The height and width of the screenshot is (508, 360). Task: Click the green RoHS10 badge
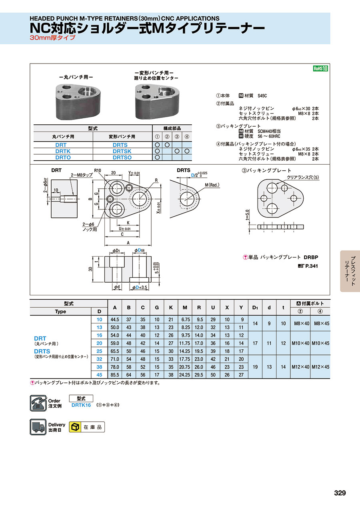click(320, 68)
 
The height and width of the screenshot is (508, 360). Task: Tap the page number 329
click(340, 492)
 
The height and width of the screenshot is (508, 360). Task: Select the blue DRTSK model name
click(122, 151)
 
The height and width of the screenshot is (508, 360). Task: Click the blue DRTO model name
click(63, 157)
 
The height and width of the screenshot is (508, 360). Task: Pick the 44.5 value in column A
click(115, 319)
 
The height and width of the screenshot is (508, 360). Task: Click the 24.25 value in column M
click(184, 375)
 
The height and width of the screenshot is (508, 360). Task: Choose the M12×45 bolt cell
click(320, 367)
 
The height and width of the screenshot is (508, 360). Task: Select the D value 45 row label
click(99, 375)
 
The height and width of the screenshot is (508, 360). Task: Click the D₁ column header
click(255, 308)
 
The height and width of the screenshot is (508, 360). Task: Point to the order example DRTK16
click(81, 405)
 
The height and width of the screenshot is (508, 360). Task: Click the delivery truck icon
click(38, 427)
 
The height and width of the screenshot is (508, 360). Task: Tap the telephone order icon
click(38, 403)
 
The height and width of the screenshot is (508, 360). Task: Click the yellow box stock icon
click(75, 427)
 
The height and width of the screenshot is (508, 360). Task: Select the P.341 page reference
click(312, 266)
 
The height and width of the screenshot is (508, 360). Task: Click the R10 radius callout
click(98, 171)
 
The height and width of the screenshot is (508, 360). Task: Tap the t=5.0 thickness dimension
click(247, 215)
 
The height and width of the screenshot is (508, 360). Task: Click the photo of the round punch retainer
click(78, 102)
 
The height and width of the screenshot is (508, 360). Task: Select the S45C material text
click(262, 96)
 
